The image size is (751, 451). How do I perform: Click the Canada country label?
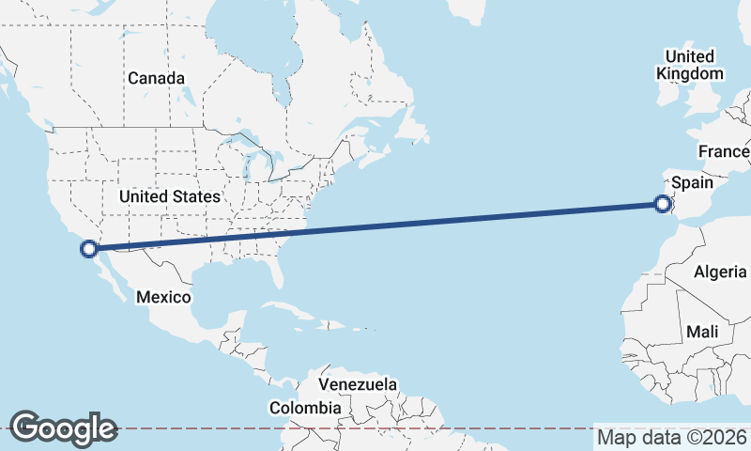(156, 78)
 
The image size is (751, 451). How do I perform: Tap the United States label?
(170, 196)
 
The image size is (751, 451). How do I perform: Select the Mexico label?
(163, 297)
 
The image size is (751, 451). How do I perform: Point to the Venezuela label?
(358, 385)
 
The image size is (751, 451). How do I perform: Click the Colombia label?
(305, 408)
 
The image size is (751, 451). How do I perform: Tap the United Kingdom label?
(690, 65)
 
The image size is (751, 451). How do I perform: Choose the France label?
(724, 151)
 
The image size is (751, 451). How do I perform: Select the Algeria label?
(720, 272)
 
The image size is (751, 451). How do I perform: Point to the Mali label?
(702, 332)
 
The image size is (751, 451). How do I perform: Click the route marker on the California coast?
(89, 249)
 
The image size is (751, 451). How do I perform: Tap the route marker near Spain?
(663, 203)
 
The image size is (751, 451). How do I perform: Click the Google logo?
(63, 428)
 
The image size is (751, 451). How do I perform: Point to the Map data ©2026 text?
(672, 437)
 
